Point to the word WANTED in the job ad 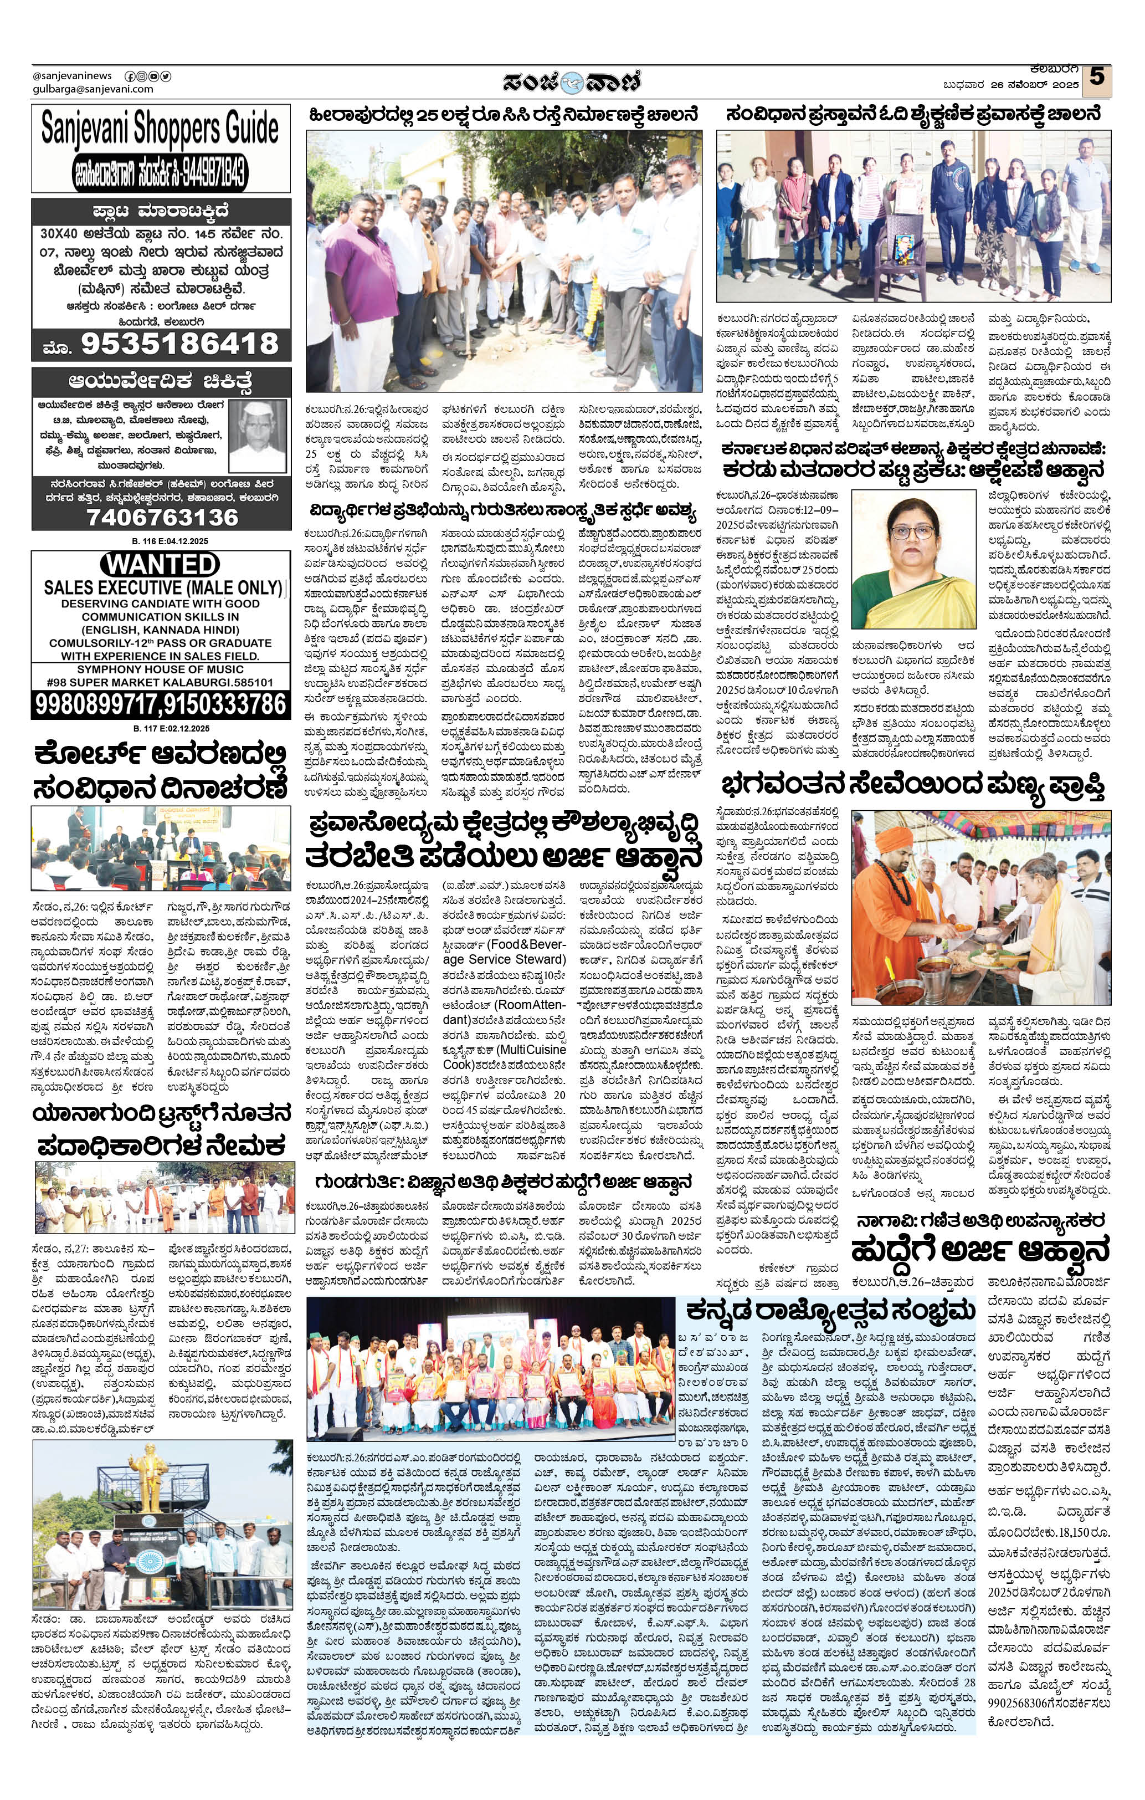(x=160, y=564)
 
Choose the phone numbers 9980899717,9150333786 (x=161, y=704)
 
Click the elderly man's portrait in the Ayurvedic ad (x=257, y=435)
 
